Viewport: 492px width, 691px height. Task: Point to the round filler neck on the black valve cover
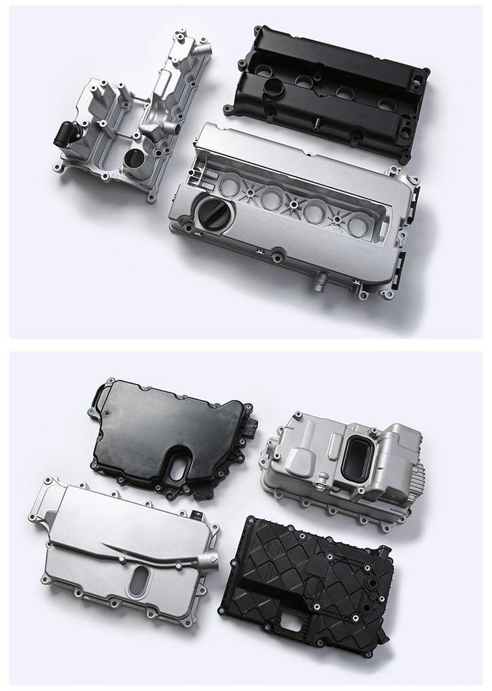pyautogui.click(x=277, y=88)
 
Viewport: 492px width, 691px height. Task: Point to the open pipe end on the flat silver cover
pyautogui.click(x=213, y=559)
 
